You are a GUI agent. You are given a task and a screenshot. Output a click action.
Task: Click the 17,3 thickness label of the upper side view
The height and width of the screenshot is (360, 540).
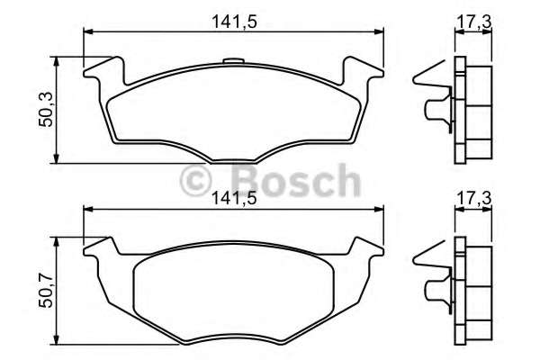470,20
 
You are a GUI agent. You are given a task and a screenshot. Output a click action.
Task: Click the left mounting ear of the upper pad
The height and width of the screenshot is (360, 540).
101,71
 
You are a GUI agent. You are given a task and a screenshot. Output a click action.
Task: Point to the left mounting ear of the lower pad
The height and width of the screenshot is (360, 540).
98,248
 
